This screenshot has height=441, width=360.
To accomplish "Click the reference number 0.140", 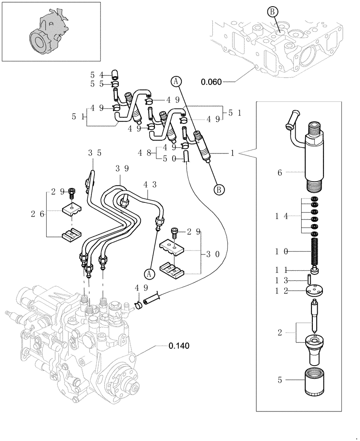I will tap(179, 346).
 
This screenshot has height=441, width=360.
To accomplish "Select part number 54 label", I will tap(98, 75).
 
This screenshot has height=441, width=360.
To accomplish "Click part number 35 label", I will tap(94, 153).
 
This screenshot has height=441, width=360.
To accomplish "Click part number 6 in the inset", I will tap(279, 173).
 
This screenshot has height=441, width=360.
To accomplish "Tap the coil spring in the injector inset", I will tap(315, 251).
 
